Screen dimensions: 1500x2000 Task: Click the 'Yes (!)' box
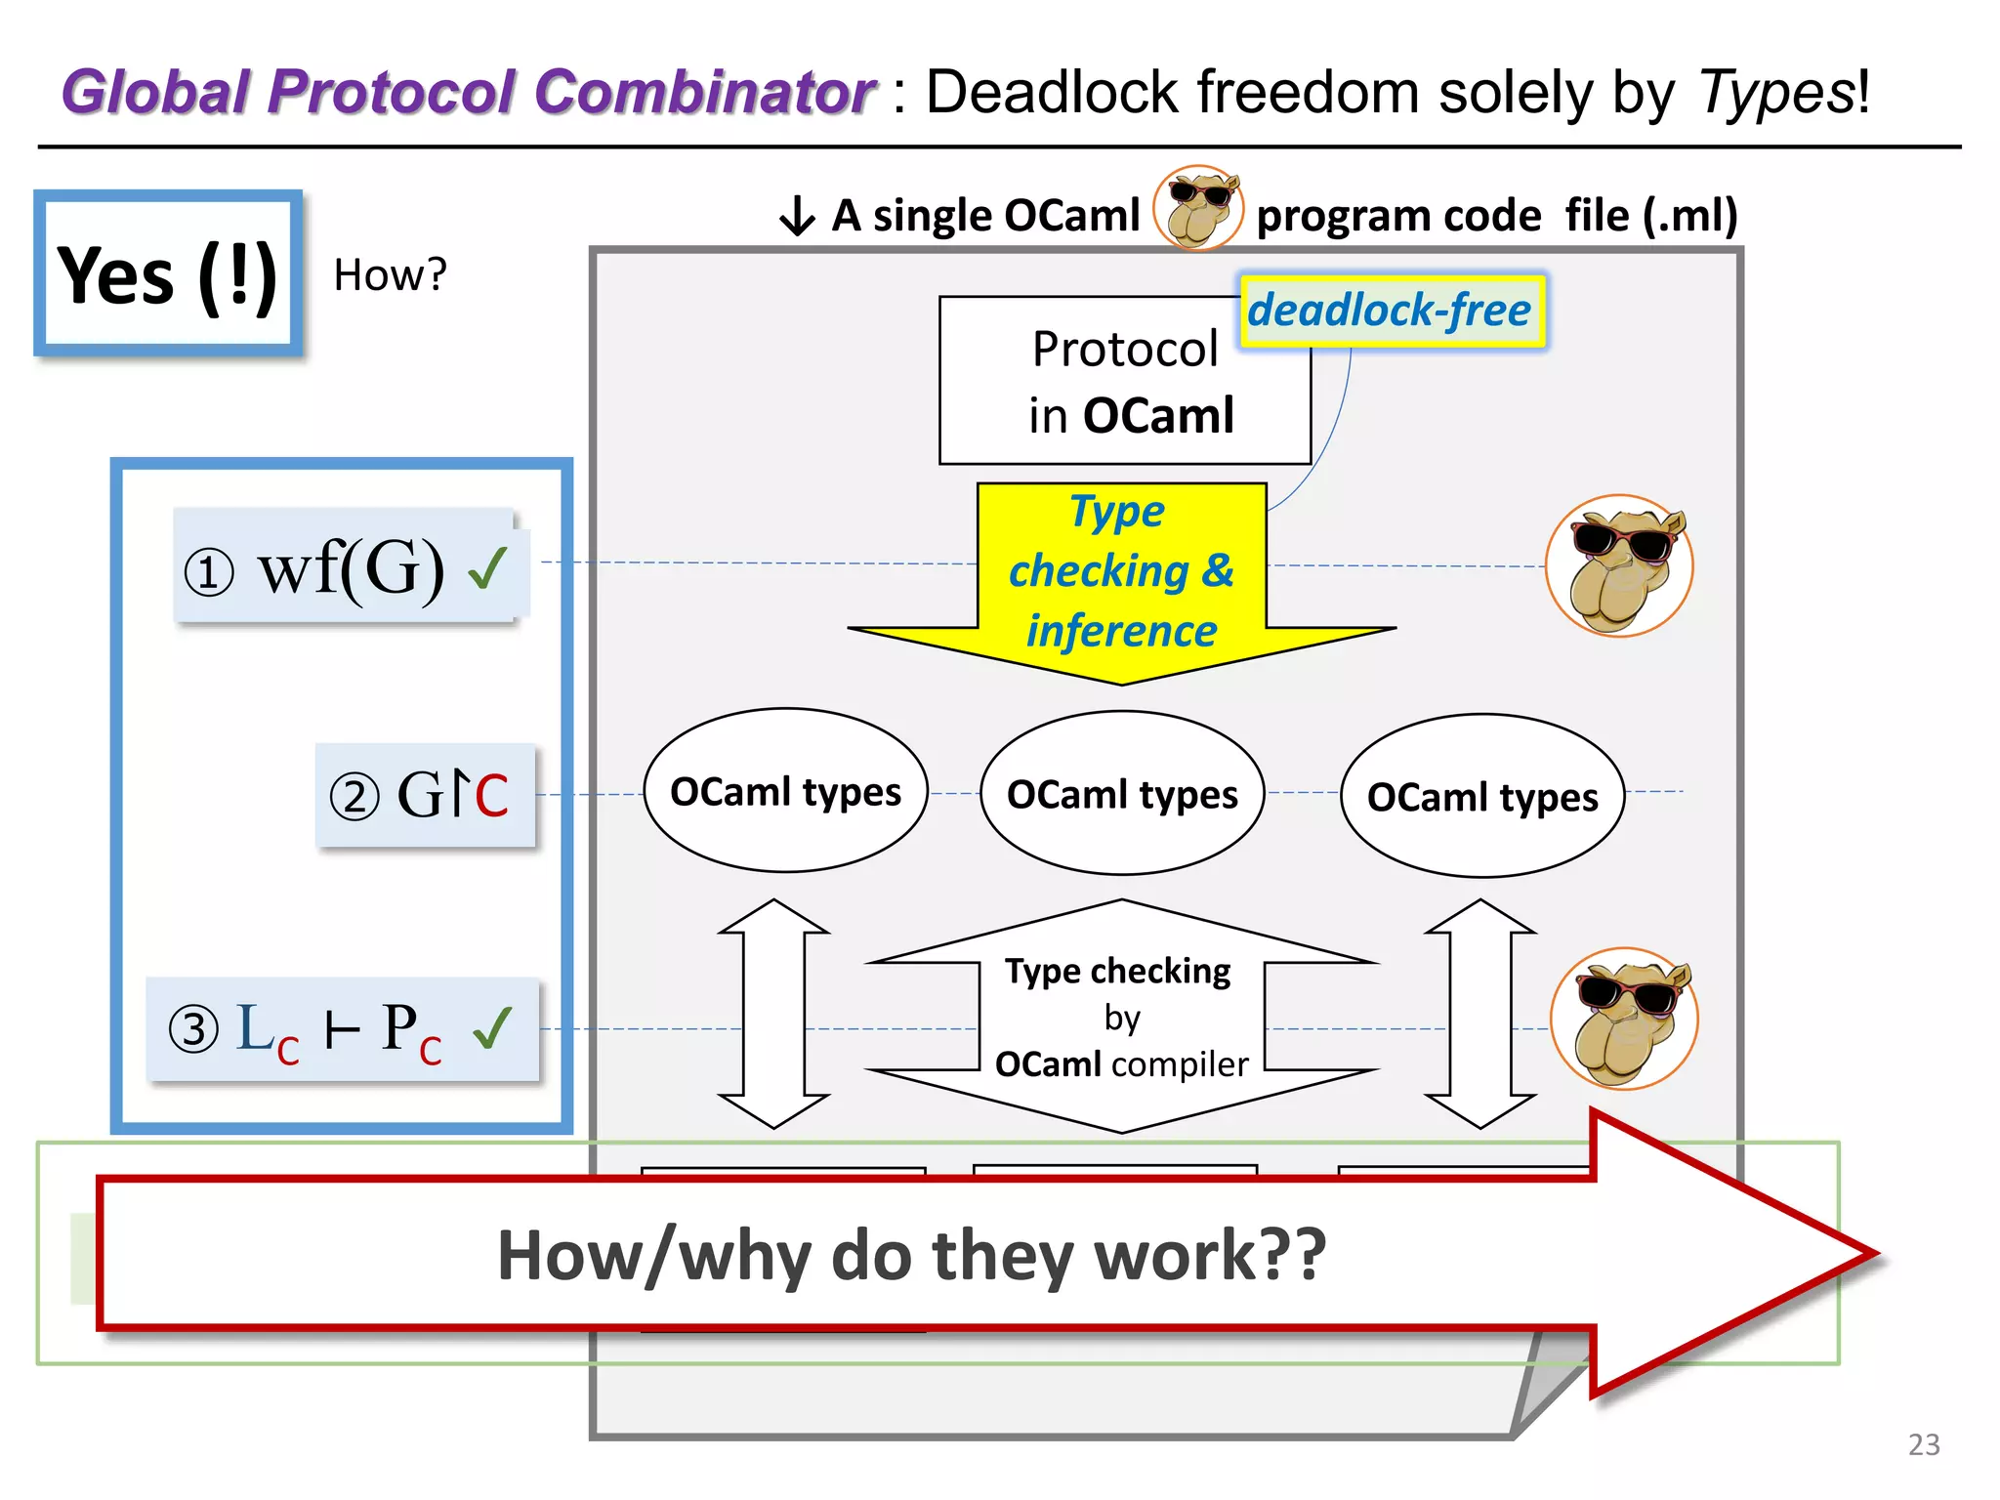pos(168,274)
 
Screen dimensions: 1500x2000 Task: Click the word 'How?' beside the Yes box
pos(390,275)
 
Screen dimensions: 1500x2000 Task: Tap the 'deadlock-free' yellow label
pos(1391,311)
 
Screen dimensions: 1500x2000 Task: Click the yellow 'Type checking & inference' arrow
pos(1121,576)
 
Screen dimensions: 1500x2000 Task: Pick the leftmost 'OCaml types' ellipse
pos(785,791)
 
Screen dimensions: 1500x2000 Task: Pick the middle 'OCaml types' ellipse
pos(1122,794)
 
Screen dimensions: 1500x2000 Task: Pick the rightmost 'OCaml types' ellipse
pos(1481,797)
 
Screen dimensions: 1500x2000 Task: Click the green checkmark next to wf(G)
pos(488,567)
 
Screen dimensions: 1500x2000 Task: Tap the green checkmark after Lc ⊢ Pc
pos(492,1027)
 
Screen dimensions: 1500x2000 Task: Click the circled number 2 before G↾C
pos(354,796)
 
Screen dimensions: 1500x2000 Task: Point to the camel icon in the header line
pos(1198,208)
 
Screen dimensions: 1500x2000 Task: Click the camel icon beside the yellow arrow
pos(1619,566)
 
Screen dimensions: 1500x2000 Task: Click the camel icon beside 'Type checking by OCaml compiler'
pos(1624,1019)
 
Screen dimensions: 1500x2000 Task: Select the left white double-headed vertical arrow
pos(773,1014)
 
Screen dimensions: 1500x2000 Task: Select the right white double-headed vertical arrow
pos(1480,1014)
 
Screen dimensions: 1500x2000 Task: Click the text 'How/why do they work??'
pos(911,1255)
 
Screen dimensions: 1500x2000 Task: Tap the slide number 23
pos(1923,1444)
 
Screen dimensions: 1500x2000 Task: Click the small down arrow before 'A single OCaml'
pos(797,216)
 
